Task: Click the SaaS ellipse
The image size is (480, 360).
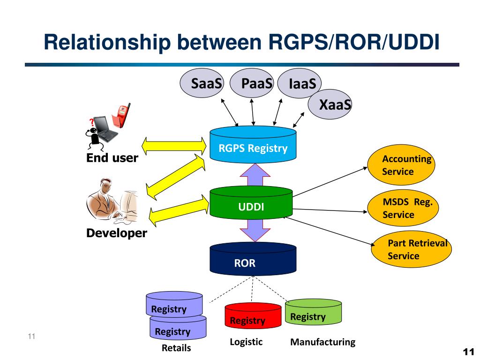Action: (202, 83)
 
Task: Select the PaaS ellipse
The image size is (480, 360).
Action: (252, 83)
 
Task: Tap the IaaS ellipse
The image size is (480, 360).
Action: (299, 83)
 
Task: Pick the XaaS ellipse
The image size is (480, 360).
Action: (330, 104)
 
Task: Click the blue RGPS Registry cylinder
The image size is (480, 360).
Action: (253, 144)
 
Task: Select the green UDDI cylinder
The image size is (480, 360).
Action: (251, 202)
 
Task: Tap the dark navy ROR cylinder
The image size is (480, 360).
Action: (253, 259)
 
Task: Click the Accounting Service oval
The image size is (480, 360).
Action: (401, 165)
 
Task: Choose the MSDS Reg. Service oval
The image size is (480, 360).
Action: (403, 208)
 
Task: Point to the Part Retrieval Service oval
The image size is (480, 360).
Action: (411, 249)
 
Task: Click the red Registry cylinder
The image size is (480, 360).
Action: (253, 315)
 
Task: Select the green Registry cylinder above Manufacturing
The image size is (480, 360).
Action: (313, 312)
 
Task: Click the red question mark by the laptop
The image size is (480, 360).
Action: (91, 122)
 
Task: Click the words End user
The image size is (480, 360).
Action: (112, 157)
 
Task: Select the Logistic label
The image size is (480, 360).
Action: (246, 342)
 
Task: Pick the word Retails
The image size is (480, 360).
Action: (176, 348)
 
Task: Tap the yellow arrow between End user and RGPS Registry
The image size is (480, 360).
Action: (174, 146)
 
